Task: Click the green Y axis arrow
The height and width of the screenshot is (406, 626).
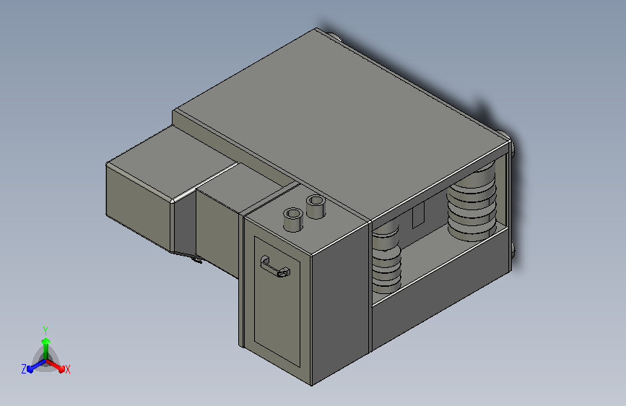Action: pyautogui.click(x=45, y=339)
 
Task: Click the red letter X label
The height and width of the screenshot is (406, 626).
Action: pyautogui.click(x=67, y=369)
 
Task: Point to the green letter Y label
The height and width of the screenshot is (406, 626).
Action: pyautogui.click(x=45, y=329)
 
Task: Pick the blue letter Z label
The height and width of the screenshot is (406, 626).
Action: pyautogui.click(x=24, y=368)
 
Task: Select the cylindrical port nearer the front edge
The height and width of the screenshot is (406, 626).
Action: pyautogui.click(x=292, y=219)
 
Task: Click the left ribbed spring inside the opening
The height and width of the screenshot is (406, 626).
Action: pyautogui.click(x=386, y=260)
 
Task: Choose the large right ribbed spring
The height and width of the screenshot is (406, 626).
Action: pyautogui.click(x=473, y=202)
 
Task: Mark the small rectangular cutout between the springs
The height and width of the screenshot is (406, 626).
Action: pyautogui.click(x=417, y=217)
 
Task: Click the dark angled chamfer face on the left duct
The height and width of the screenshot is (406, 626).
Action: pyautogui.click(x=184, y=224)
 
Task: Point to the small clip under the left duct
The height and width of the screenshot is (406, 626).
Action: pyautogui.click(x=195, y=259)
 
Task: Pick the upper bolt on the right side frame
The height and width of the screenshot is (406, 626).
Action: pyautogui.click(x=512, y=152)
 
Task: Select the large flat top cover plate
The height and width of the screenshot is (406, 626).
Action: pyautogui.click(x=339, y=123)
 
